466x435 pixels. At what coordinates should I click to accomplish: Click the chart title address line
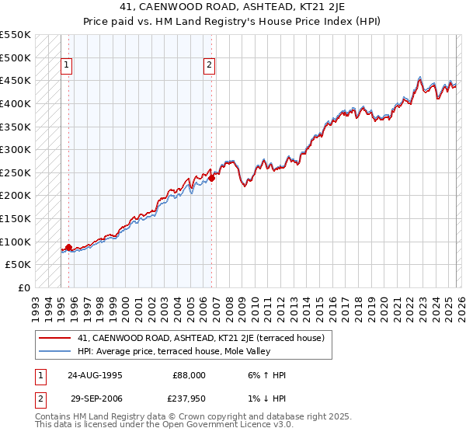[x=233, y=7]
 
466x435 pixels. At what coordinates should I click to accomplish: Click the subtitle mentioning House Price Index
[x=233, y=20]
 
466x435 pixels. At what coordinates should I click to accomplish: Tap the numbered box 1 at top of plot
[x=68, y=66]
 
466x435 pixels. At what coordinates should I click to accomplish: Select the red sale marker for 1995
[x=68, y=247]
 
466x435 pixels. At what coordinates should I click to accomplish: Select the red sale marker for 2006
[x=211, y=178]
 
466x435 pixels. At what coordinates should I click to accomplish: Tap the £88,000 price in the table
[x=190, y=374]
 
